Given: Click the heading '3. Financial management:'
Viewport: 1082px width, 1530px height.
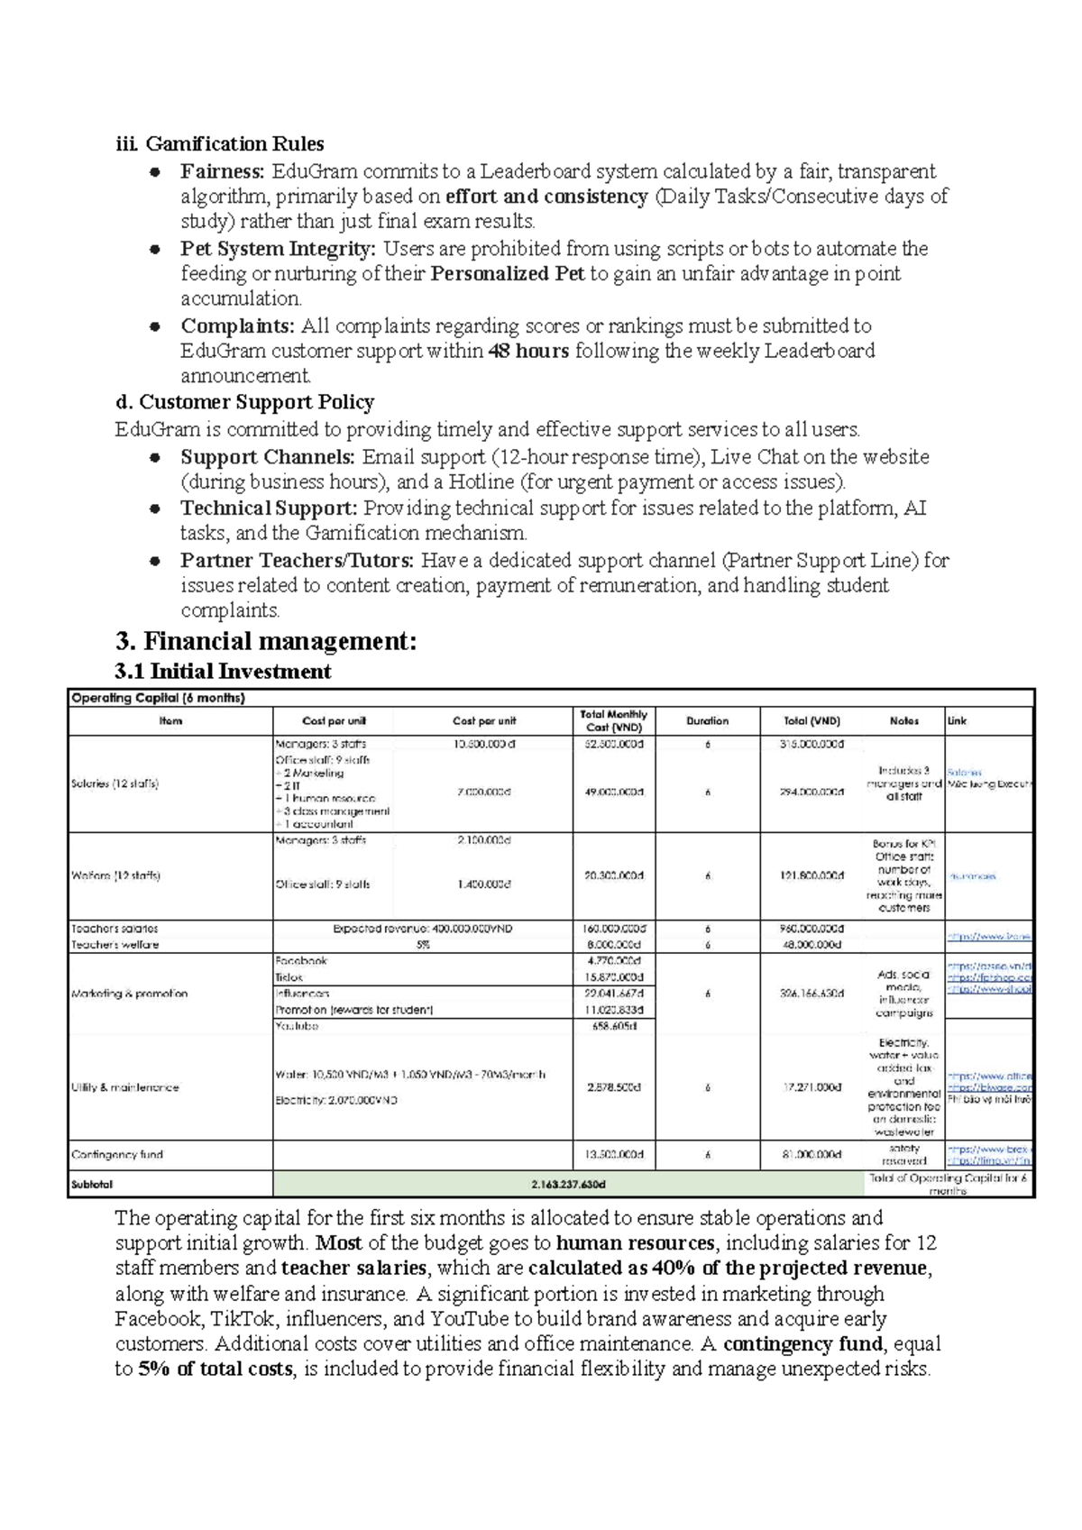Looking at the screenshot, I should pos(266,642).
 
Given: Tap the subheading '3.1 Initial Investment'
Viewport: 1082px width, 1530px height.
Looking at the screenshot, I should pos(223,672).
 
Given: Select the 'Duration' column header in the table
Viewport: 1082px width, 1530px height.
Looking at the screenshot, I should pos(707,721).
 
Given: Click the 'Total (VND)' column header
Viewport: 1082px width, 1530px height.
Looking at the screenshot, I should pos(811,721).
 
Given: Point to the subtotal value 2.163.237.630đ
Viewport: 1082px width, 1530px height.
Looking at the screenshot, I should pos(568,1184).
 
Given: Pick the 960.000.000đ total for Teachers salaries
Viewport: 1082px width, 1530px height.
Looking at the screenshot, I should pos(811,929).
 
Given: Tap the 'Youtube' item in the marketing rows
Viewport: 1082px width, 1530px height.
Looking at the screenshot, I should pos(297,1026).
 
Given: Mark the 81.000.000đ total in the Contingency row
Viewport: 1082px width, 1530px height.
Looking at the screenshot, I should pos(811,1154).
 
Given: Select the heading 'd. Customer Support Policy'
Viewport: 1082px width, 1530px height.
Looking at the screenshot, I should pos(244,402).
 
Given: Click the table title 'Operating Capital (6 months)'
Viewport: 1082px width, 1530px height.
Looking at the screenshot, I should pos(158,698).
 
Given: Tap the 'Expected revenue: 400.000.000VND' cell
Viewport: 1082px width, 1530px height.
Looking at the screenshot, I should pos(422,929).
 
